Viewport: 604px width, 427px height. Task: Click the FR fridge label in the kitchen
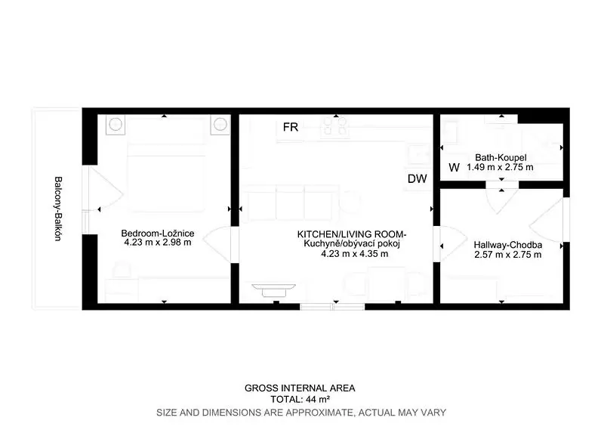click(291, 127)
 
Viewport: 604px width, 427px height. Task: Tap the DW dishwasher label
click(418, 178)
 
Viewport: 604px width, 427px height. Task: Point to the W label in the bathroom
click(455, 168)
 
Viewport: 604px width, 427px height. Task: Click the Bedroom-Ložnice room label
click(158, 233)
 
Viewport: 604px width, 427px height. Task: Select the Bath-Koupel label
click(501, 157)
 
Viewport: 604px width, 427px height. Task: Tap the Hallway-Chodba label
click(507, 245)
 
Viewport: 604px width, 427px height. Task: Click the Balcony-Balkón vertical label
click(58, 209)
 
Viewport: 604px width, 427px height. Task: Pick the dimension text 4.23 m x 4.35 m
click(354, 254)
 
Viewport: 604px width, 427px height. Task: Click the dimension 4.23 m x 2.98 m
click(158, 243)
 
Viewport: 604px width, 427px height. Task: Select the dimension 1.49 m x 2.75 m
click(500, 167)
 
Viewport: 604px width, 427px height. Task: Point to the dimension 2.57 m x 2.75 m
click(507, 255)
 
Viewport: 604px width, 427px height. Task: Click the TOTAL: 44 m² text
click(300, 399)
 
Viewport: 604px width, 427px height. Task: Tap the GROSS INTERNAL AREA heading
click(300, 388)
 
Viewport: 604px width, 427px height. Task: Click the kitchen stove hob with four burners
click(334, 125)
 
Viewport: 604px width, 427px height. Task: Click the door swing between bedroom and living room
click(217, 245)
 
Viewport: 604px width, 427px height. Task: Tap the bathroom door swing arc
click(501, 201)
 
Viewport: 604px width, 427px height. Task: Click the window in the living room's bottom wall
click(332, 307)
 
